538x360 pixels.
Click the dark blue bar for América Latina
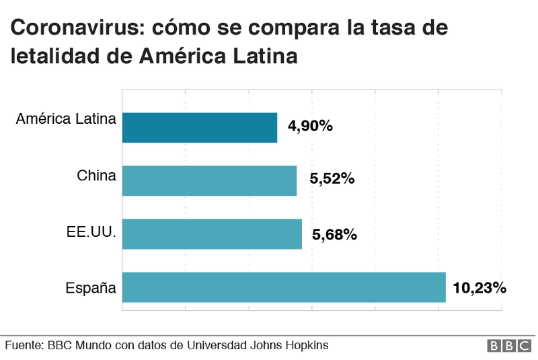point(200,127)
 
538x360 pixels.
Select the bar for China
point(209,180)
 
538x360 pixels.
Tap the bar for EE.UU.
point(212,233)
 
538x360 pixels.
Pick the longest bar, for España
point(284,287)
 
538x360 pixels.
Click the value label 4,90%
point(310,126)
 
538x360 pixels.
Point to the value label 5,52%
point(332,180)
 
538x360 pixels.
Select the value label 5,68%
point(334,234)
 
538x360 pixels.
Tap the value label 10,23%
point(479,287)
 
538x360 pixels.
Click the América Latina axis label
point(66,120)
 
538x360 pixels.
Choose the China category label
point(96,176)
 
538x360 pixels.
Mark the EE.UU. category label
point(91,233)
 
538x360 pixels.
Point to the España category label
point(91,288)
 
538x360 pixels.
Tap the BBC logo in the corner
point(508,345)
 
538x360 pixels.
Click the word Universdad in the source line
point(224,345)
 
